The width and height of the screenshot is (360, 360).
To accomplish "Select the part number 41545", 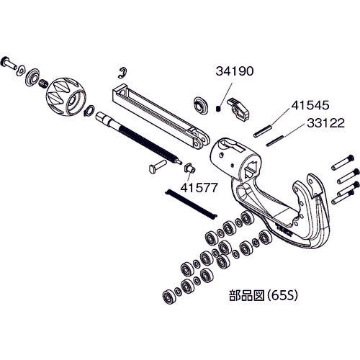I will click(307, 106).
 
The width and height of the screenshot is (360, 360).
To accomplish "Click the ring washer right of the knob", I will click(89, 112).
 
